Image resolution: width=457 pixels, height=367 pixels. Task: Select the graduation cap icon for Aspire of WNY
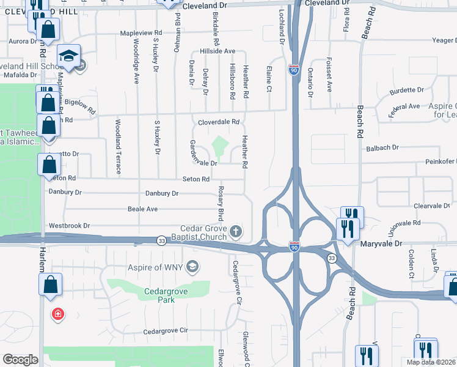192,267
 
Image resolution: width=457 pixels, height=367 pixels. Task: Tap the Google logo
20,360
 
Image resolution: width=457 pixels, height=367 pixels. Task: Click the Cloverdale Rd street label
218,122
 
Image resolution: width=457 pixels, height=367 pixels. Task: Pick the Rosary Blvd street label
221,204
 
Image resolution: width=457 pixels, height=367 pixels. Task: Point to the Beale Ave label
143,209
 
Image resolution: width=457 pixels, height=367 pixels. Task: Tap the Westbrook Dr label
70,226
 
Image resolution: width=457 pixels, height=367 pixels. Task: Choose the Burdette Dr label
406,90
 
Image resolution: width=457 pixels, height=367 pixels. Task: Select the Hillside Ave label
218,51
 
